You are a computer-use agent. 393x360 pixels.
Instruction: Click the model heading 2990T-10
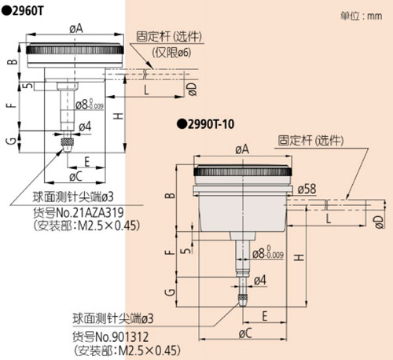point(207,123)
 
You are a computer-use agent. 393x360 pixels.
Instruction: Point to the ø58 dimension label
point(307,189)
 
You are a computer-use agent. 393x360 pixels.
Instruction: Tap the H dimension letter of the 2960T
point(116,116)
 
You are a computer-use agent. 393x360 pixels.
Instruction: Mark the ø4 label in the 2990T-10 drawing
point(260,280)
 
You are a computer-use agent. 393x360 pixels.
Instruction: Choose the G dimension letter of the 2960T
point(11,140)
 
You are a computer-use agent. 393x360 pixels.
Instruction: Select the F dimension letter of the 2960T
point(11,105)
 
